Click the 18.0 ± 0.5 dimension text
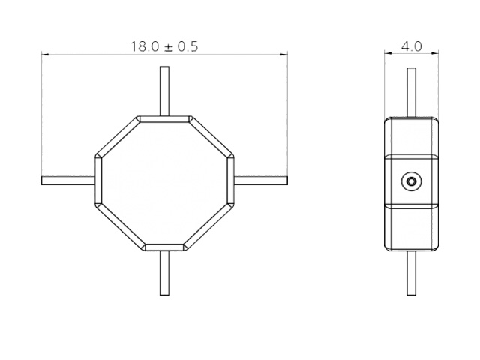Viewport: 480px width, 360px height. pos(164,46)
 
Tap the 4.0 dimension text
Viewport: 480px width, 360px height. pos(411,46)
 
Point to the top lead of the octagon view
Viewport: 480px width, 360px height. pos(164,91)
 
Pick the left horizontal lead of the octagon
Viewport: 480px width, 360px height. pos(68,180)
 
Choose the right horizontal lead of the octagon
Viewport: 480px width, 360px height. pos(261,180)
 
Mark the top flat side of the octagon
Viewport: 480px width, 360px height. pos(164,118)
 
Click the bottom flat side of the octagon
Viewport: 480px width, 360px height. pos(164,246)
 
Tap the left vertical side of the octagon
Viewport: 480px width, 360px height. pos(97,181)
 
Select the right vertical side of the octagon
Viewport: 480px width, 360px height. pos(231,181)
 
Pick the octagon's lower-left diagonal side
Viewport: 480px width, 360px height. pos(118,226)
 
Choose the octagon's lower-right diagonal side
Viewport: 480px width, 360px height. pos(211,226)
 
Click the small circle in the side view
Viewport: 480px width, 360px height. pos(410,181)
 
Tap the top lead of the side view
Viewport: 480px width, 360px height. pos(411,91)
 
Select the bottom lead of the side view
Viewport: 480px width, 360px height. pos(411,272)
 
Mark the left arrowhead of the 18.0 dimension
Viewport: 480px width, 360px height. pos(45,54)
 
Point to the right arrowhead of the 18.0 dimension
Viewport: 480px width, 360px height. pos(284,54)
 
